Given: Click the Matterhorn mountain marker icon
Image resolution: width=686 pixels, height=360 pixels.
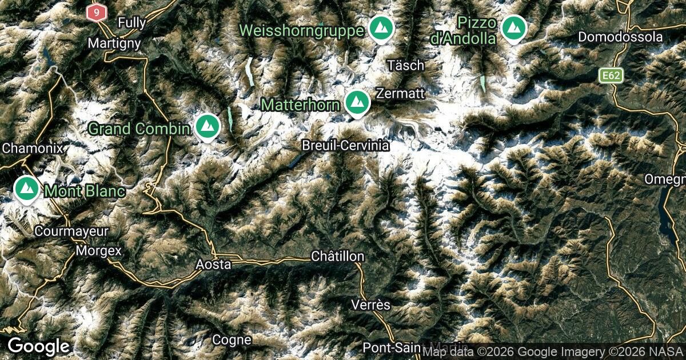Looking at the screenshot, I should (x=357, y=102).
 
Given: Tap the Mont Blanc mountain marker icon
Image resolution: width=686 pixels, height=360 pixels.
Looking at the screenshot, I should (x=26, y=189).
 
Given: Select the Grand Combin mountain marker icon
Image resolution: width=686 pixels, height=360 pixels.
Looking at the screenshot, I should (x=207, y=126).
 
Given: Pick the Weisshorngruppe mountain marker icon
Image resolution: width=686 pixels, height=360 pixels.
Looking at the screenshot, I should (x=380, y=27).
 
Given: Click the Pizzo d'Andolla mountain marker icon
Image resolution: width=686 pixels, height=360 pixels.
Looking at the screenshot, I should (x=513, y=27).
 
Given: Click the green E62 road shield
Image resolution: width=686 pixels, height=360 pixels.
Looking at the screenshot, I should (x=611, y=75).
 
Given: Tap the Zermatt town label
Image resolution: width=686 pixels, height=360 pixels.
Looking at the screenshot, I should (x=400, y=93).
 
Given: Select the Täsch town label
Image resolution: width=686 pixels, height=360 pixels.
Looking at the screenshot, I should (x=405, y=65).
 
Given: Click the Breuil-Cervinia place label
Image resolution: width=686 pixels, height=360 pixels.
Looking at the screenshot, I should (x=346, y=146).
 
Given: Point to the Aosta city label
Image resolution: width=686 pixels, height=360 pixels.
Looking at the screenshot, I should (x=213, y=264).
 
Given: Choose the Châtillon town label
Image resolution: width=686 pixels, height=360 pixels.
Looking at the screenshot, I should (x=337, y=256).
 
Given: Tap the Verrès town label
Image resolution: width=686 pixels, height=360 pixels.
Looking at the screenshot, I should (x=371, y=305).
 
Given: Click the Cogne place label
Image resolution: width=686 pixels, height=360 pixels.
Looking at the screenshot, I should (x=232, y=339).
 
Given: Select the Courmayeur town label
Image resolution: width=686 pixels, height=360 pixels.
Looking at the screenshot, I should (x=71, y=231).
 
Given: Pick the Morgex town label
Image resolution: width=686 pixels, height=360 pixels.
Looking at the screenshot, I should (x=99, y=250).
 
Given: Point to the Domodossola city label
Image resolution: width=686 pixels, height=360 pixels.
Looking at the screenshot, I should (x=620, y=37).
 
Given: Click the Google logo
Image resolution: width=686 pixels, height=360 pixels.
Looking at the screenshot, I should (x=38, y=346).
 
